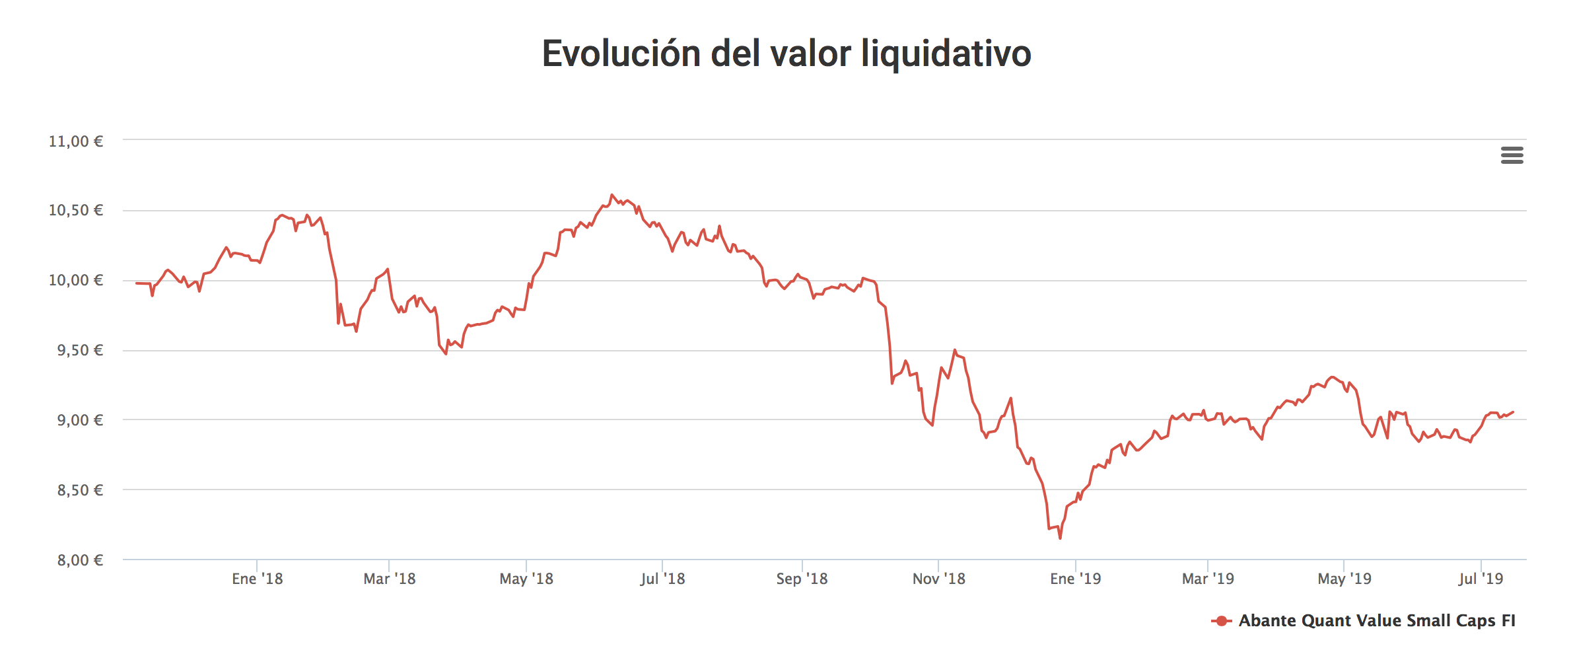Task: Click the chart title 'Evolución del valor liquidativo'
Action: click(x=786, y=53)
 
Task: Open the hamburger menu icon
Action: click(x=1512, y=155)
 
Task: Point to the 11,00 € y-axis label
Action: click(x=76, y=141)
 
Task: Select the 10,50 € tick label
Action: click(x=76, y=210)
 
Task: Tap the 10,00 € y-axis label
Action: click(x=76, y=280)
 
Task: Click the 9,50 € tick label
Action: click(x=80, y=350)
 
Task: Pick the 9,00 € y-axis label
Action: click(x=80, y=420)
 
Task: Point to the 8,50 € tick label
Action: click(x=80, y=490)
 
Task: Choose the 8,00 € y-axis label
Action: click(x=80, y=560)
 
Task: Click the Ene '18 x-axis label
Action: click(x=257, y=579)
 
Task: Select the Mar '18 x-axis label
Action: click(x=389, y=579)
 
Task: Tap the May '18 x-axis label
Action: click(x=526, y=579)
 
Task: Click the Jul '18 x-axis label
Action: click(x=662, y=579)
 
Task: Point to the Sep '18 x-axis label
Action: click(x=802, y=579)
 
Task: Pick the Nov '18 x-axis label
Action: click(x=938, y=579)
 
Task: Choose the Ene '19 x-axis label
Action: click(x=1075, y=579)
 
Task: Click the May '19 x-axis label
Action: click(x=1344, y=579)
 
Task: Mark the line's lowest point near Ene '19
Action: click(x=1060, y=538)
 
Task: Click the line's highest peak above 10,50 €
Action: click(x=612, y=195)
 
